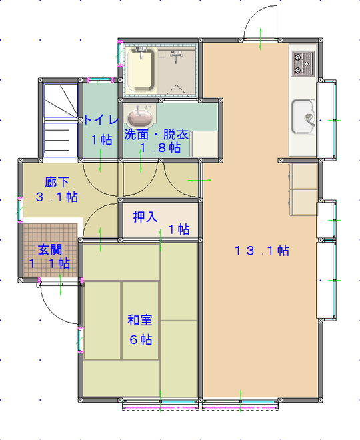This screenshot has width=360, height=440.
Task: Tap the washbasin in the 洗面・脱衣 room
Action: click(x=139, y=117)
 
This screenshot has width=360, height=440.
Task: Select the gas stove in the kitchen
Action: click(x=303, y=63)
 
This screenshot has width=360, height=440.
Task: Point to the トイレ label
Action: click(x=101, y=120)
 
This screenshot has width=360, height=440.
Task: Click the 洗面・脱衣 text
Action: click(x=157, y=134)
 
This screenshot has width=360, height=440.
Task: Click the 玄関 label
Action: click(x=50, y=249)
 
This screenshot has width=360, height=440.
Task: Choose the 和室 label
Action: click(x=140, y=320)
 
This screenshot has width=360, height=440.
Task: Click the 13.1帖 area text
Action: click(x=261, y=251)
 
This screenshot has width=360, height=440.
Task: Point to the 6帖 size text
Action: click(x=140, y=339)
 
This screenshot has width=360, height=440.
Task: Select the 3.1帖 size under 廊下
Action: click(x=56, y=197)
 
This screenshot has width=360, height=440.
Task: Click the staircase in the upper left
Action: click(x=60, y=123)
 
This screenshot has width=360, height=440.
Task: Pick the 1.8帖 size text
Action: click(x=160, y=148)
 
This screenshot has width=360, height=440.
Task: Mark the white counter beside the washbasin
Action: click(x=205, y=143)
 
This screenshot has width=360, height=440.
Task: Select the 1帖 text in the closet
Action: click(x=178, y=229)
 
